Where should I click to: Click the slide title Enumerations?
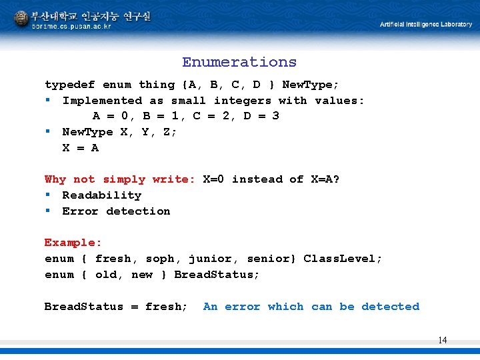[239, 62]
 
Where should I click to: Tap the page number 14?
[443, 340]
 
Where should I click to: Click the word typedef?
[69, 85]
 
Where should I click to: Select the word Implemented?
[102, 101]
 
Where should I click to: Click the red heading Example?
[73, 243]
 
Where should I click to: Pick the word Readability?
[101, 195]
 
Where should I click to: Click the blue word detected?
[390, 307]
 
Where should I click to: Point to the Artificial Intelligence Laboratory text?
[425, 25]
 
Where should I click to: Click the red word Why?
[55, 179]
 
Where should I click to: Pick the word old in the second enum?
[107, 275]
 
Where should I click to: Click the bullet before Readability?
[49, 195]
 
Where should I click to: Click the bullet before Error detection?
[49, 211]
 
